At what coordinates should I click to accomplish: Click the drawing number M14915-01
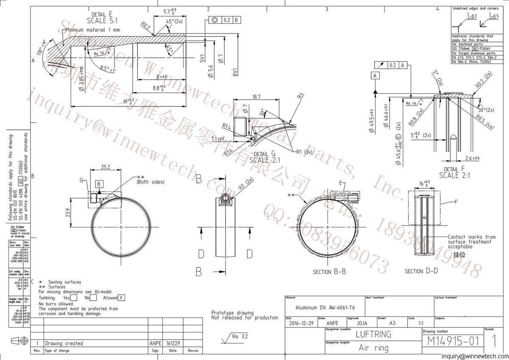(x=453, y=341)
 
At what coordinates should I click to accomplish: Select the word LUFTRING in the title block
(x=373, y=334)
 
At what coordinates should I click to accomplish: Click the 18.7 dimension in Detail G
(x=256, y=97)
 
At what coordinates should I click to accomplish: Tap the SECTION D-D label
(x=421, y=271)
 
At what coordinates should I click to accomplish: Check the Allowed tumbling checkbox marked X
(x=122, y=298)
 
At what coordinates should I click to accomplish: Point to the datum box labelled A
(x=375, y=75)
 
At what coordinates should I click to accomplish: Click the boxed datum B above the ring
(x=99, y=184)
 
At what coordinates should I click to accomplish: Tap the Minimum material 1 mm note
(x=92, y=30)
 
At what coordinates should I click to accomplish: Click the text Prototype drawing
(x=232, y=313)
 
